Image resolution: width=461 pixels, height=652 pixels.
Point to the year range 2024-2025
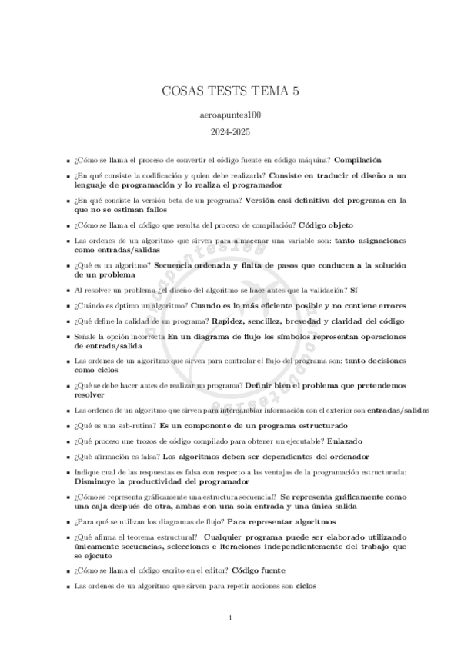231,131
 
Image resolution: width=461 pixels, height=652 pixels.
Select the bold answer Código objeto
326,225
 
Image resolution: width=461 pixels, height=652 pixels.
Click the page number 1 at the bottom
231,617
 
